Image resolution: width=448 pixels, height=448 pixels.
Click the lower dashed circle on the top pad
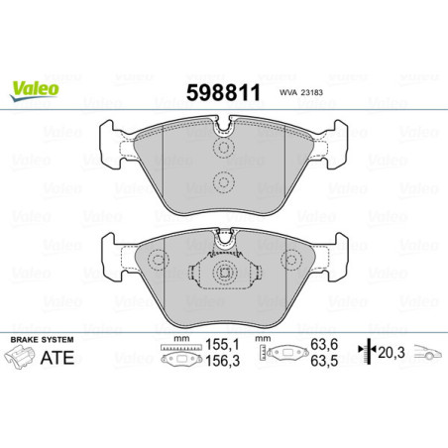tap(223, 181)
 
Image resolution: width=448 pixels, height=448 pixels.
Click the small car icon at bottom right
tap(426, 354)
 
